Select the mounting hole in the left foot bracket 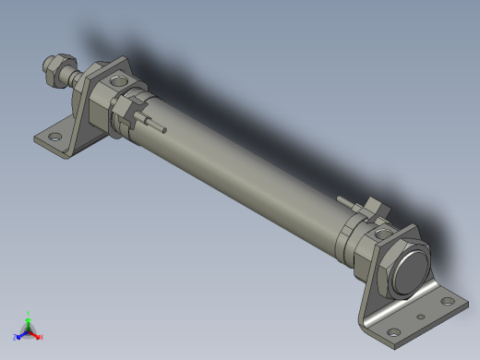pyautogui.click(x=55, y=137)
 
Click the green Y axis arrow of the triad pyautogui.click(x=29, y=317)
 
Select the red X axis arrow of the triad pyautogui.click(x=38, y=335)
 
